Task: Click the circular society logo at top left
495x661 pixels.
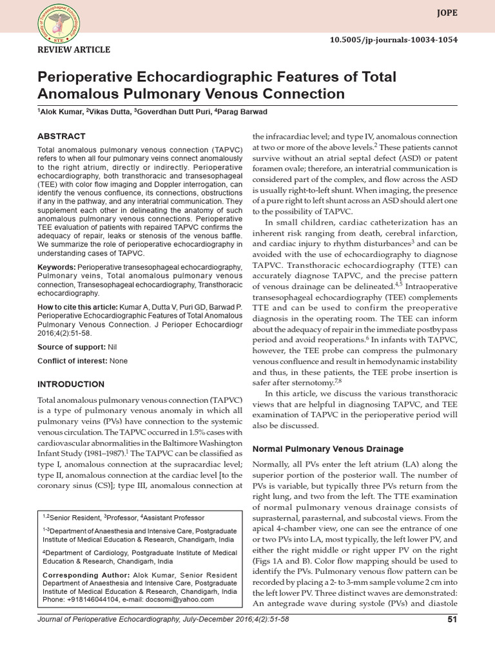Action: (x=55, y=23)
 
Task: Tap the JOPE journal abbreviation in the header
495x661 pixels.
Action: (x=445, y=11)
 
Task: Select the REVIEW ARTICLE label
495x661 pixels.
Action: (x=74, y=50)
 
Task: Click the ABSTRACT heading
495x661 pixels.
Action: (x=61, y=136)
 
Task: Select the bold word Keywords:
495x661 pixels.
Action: (x=56, y=267)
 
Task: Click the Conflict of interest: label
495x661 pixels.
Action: (x=73, y=361)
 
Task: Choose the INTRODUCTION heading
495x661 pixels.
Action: (x=71, y=384)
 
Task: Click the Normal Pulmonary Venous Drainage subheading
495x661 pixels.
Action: (x=327, y=449)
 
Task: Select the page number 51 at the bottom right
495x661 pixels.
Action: (x=452, y=620)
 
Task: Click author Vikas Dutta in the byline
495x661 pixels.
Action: (x=110, y=112)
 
